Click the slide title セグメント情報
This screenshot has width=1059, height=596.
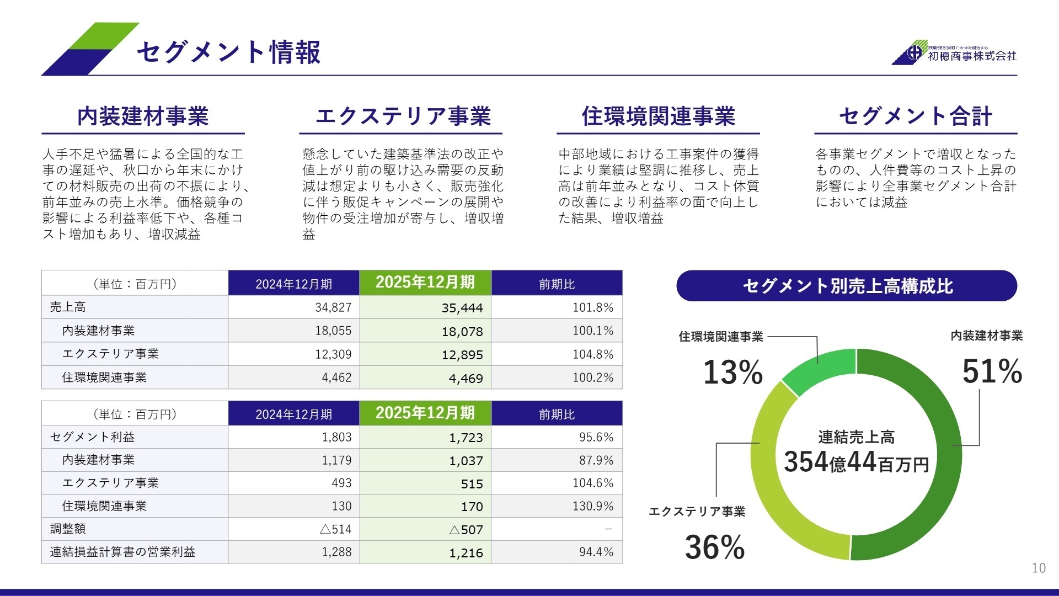coord(228,52)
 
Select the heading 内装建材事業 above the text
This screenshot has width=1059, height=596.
coord(143,116)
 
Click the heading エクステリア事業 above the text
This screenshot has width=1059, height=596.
coord(403,116)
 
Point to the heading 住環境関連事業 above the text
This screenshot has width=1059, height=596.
coord(658,116)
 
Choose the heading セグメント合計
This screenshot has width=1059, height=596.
coord(916,116)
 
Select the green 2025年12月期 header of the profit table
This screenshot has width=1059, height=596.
coord(425,413)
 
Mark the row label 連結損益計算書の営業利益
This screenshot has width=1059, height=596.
coord(122,552)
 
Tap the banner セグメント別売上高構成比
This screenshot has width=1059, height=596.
coord(847,286)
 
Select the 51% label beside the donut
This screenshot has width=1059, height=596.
coord(992,371)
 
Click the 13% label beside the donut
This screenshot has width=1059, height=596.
coord(732,372)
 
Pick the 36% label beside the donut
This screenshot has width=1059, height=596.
coord(715,547)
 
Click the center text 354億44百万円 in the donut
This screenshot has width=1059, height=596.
coord(856,462)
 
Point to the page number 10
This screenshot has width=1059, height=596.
coord(1038,568)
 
